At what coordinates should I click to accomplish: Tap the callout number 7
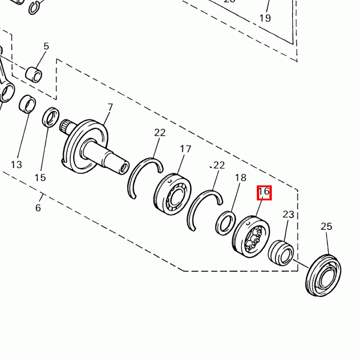coord(110,107)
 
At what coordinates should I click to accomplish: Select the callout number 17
coord(185,149)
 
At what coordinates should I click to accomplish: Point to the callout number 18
coord(241,178)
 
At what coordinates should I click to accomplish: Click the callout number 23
coord(289,214)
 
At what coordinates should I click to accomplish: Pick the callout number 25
coord(326,227)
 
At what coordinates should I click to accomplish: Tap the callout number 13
coord(17,164)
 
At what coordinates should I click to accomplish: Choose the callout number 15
coord(40,178)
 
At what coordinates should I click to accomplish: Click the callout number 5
coord(46,46)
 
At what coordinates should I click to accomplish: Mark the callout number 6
coord(38,208)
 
